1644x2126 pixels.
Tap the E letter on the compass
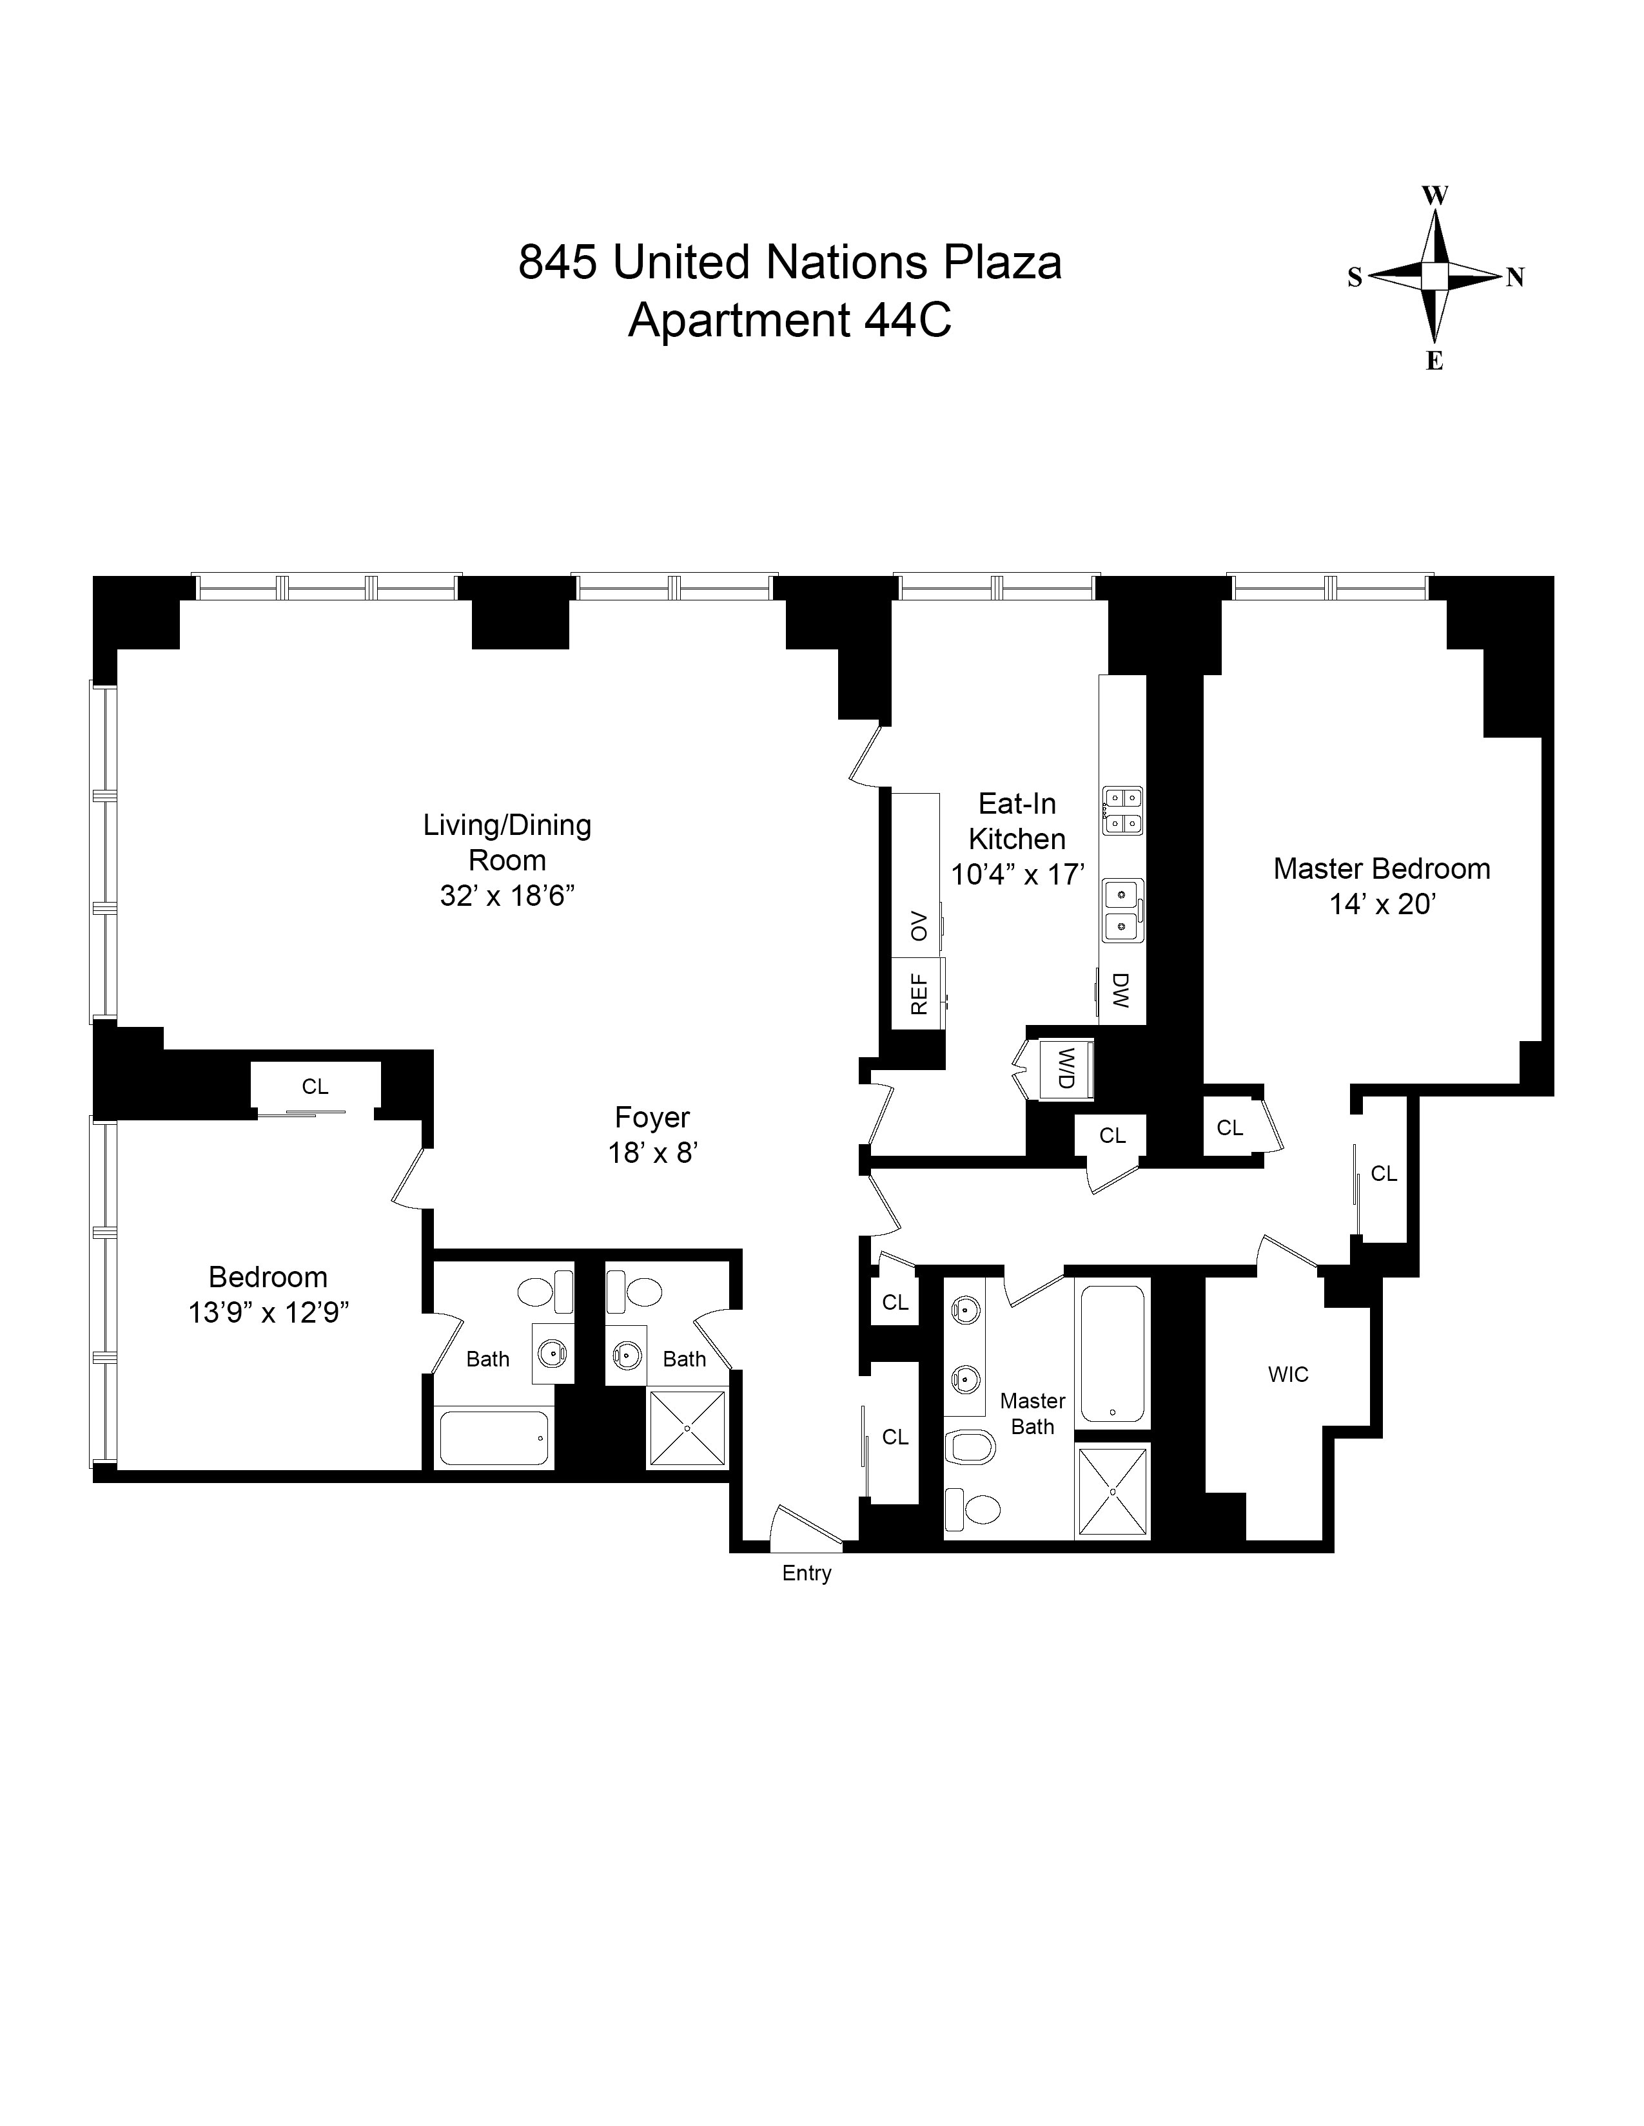[x=1434, y=361]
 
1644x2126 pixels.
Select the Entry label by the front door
[x=807, y=1573]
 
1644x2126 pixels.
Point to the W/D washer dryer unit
[x=1066, y=1069]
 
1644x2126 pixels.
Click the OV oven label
[x=919, y=926]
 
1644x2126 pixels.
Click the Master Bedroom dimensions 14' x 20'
[x=1382, y=905]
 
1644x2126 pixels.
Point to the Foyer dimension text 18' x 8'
[x=654, y=1153]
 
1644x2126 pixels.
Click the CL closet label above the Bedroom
[x=315, y=1086]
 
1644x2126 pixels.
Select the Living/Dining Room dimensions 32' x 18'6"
[x=507, y=895]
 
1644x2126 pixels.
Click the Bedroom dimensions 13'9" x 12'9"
[x=269, y=1312]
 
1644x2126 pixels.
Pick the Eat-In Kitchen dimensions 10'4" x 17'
[x=1018, y=874]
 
